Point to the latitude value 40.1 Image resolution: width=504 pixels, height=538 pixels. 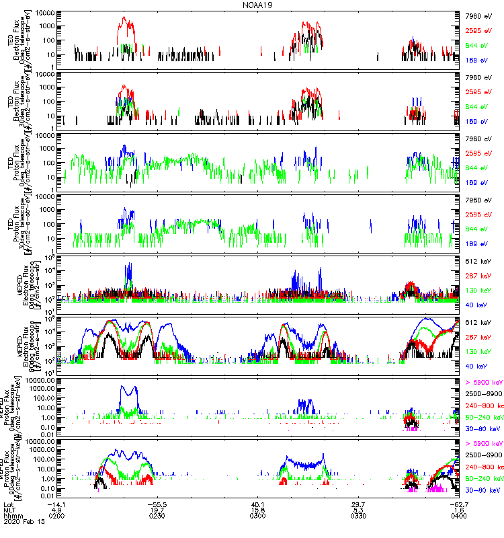tap(258, 504)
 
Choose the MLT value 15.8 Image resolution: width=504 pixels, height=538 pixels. tap(258, 511)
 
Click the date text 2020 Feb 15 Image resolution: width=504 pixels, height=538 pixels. tap(22, 525)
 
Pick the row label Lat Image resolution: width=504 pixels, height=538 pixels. tap(9, 504)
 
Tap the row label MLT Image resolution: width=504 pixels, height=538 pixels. tap(9, 511)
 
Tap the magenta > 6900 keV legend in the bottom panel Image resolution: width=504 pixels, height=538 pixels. tap(484, 444)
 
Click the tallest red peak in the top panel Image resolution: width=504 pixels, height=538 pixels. tap(124, 18)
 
